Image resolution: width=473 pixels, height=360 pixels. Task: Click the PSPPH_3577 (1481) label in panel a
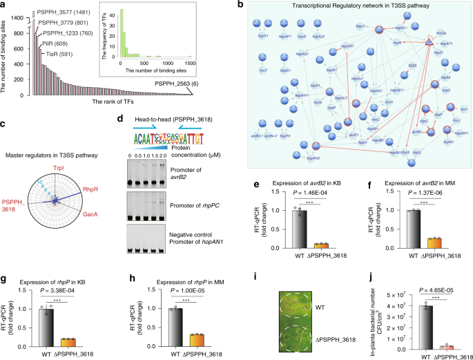pyautogui.click(x=59, y=12)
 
